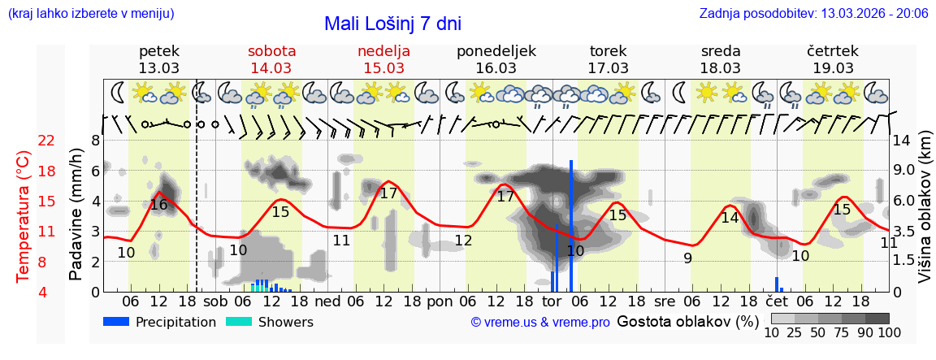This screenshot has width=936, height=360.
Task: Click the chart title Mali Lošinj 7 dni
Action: [x=392, y=24]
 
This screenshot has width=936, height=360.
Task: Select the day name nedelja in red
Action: [x=383, y=50]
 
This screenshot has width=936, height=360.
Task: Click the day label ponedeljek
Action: [x=496, y=50]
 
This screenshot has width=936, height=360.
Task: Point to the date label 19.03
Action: [x=833, y=68]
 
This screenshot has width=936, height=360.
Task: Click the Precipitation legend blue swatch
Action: [x=117, y=322]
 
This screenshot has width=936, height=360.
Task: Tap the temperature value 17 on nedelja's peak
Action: [x=388, y=193]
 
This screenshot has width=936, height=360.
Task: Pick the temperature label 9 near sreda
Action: [x=687, y=258]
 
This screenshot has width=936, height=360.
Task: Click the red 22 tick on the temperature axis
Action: [x=47, y=141]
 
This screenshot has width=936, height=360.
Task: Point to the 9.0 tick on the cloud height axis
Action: [x=904, y=171]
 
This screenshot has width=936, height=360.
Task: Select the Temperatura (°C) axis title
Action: [x=24, y=216]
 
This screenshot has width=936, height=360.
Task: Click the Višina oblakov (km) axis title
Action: [x=925, y=216]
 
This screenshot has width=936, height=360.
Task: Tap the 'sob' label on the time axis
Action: [x=216, y=301]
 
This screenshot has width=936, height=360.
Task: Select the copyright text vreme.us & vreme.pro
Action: [x=540, y=323]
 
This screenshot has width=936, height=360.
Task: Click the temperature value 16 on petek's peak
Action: [x=158, y=205]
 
